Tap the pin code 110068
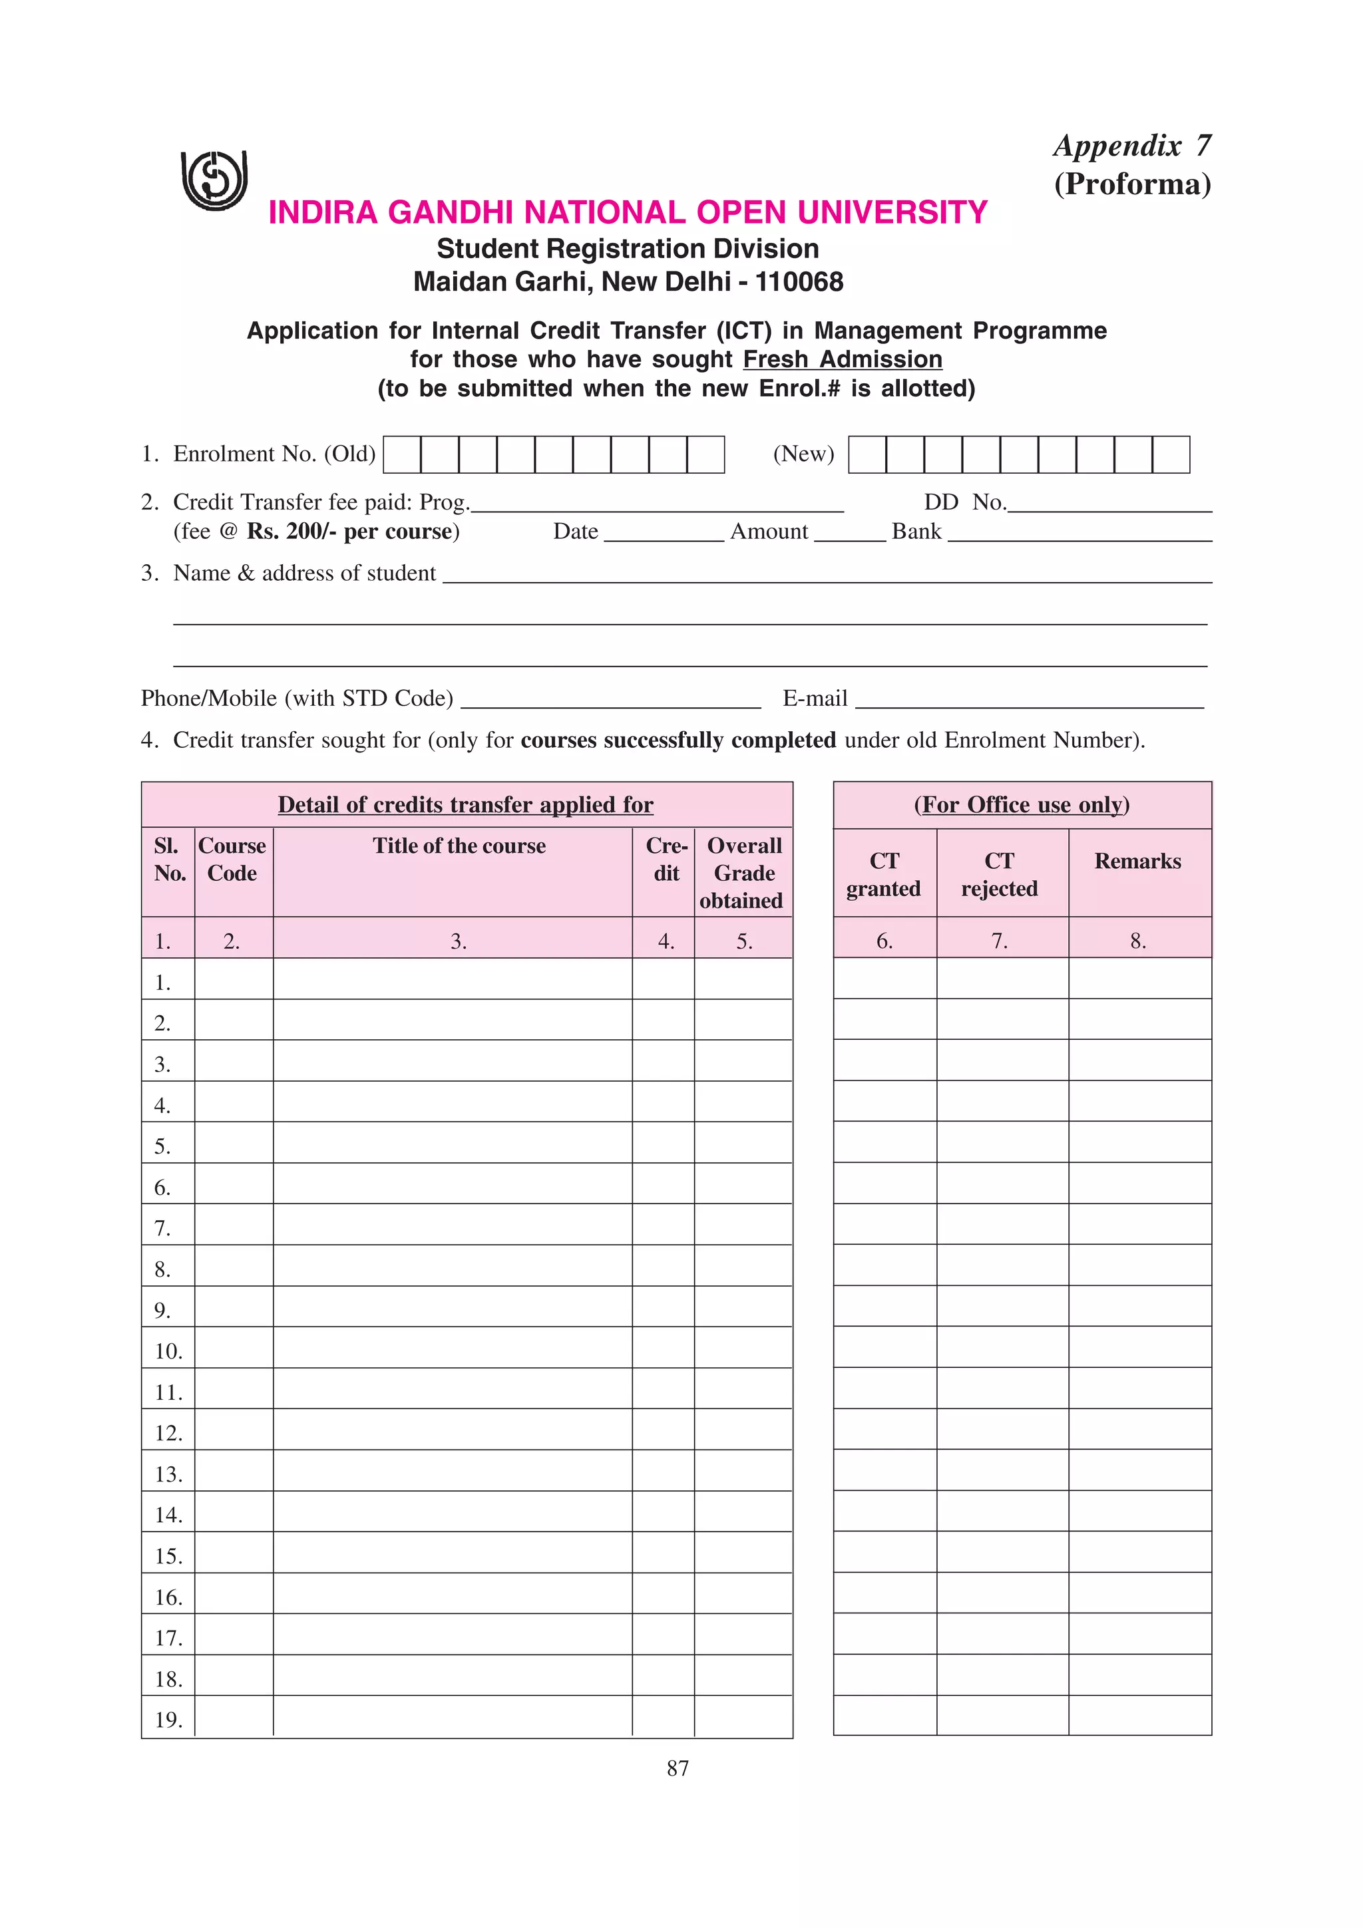coord(799,281)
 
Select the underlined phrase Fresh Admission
coord(843,359)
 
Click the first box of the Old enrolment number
coord(401,454)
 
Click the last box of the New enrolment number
coord(1170,454)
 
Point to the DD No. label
coord(964,502)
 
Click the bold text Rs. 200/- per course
coord(353,532)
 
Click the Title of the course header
coord(459,846)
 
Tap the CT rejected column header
coord(1000,874)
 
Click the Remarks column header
coord(1137,861)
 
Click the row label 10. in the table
coord(168,1351)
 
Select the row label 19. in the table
coord(168,1720)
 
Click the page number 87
coord(678,1768)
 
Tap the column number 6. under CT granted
coord(884,941)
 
